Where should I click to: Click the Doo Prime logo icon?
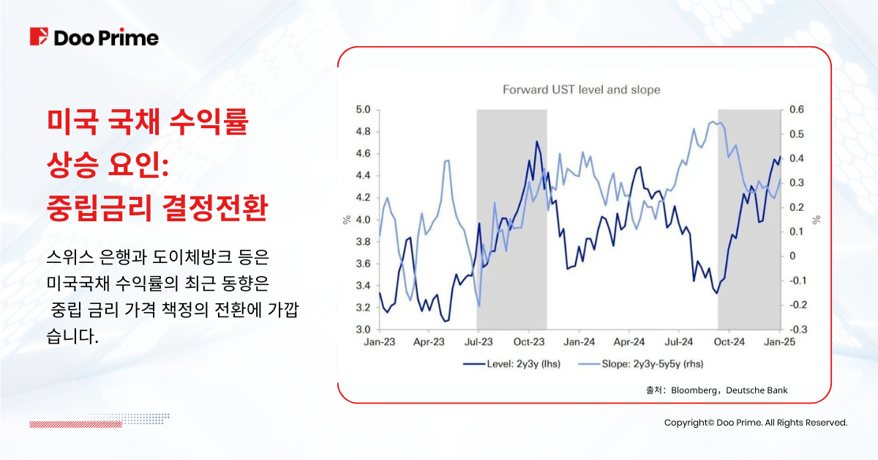(39, 37)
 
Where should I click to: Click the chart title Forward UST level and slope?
(581, 90)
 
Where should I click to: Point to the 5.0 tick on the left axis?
(363, 110)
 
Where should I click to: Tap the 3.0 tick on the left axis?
(363, 330)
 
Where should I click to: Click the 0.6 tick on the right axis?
(796, 110)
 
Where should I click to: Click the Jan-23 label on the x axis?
(379, 342)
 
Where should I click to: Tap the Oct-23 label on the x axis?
(529, 342)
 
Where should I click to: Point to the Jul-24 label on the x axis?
(680, 342)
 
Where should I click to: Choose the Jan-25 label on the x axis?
(779, 342)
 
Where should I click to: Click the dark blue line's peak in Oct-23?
(537, 141)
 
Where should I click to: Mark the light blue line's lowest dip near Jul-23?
(479, 306)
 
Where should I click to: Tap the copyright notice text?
(755, 423)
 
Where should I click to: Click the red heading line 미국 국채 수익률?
(146, 123)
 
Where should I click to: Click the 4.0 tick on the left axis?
(363, 220)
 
